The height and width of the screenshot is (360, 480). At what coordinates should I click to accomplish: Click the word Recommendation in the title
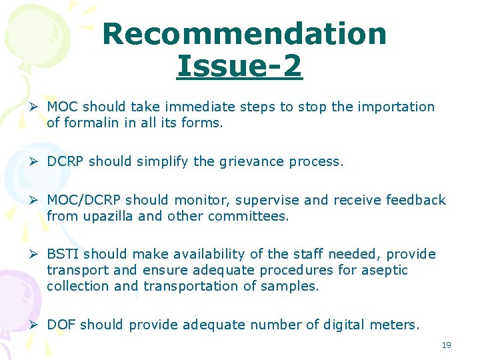245,34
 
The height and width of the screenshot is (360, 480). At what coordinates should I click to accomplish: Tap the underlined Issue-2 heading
239,66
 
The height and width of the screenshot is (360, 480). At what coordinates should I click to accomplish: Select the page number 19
446,345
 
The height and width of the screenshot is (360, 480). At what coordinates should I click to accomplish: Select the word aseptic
385,270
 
